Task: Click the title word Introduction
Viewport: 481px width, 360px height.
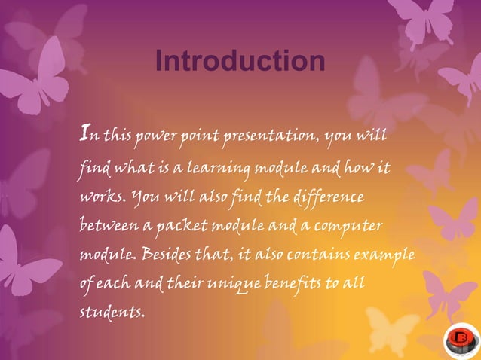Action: tap(240, 62)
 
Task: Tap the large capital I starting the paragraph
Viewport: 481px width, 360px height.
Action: tap(85, 134)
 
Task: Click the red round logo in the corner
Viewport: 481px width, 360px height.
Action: tap(460, 339)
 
